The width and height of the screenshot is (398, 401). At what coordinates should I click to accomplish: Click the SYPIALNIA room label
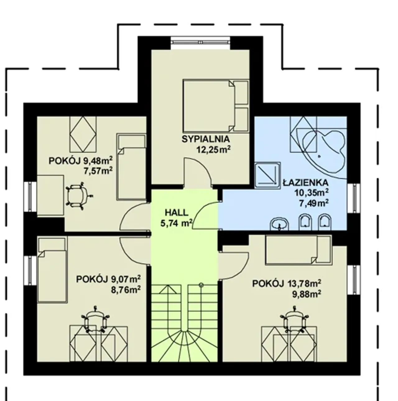tap(205, 139)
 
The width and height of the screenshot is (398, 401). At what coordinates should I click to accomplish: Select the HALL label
tap(176, 213)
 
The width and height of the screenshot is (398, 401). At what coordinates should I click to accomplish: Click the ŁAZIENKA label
tap(305, 182)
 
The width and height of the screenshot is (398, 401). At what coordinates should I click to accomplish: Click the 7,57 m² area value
tap(98, 171)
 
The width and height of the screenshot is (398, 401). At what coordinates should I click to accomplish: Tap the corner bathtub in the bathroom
tap(321, 154)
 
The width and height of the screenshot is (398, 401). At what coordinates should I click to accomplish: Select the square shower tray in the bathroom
tap(267, 176)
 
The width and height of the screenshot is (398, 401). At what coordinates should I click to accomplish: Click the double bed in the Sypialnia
tap(216, 106)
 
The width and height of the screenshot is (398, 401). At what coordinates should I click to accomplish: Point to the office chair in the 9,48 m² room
tap(79, 196)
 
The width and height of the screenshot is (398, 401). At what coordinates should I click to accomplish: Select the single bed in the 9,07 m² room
tap(52, 269)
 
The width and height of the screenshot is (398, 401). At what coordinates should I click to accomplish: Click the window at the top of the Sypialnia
tap(201, 42)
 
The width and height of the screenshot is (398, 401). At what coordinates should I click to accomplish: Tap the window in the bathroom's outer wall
tap(354, 198)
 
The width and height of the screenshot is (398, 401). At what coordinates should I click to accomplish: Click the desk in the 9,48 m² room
tap(50, 195)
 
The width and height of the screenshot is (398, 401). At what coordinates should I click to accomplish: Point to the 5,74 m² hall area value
tap(176, 223)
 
